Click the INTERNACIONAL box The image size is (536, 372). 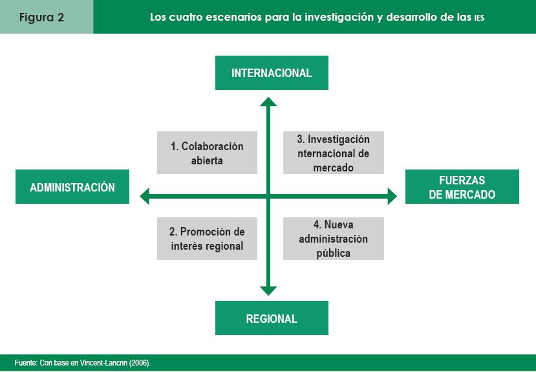272,72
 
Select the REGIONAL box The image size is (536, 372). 272,318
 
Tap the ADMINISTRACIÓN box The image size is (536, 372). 72,187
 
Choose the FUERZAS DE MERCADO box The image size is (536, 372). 462,187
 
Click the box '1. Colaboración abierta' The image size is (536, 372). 207,153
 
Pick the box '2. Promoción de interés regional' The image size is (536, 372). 207,238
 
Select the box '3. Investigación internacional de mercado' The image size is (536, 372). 333,153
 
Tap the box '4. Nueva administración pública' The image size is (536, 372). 333,238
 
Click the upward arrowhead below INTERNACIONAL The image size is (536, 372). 268,101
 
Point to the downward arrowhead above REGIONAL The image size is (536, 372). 268,290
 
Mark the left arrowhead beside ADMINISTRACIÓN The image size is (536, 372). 145,195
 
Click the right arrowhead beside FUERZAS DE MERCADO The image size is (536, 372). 392,195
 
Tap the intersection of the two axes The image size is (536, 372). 268,195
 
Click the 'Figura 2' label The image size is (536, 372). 41,17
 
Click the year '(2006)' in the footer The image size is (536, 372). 140,363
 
